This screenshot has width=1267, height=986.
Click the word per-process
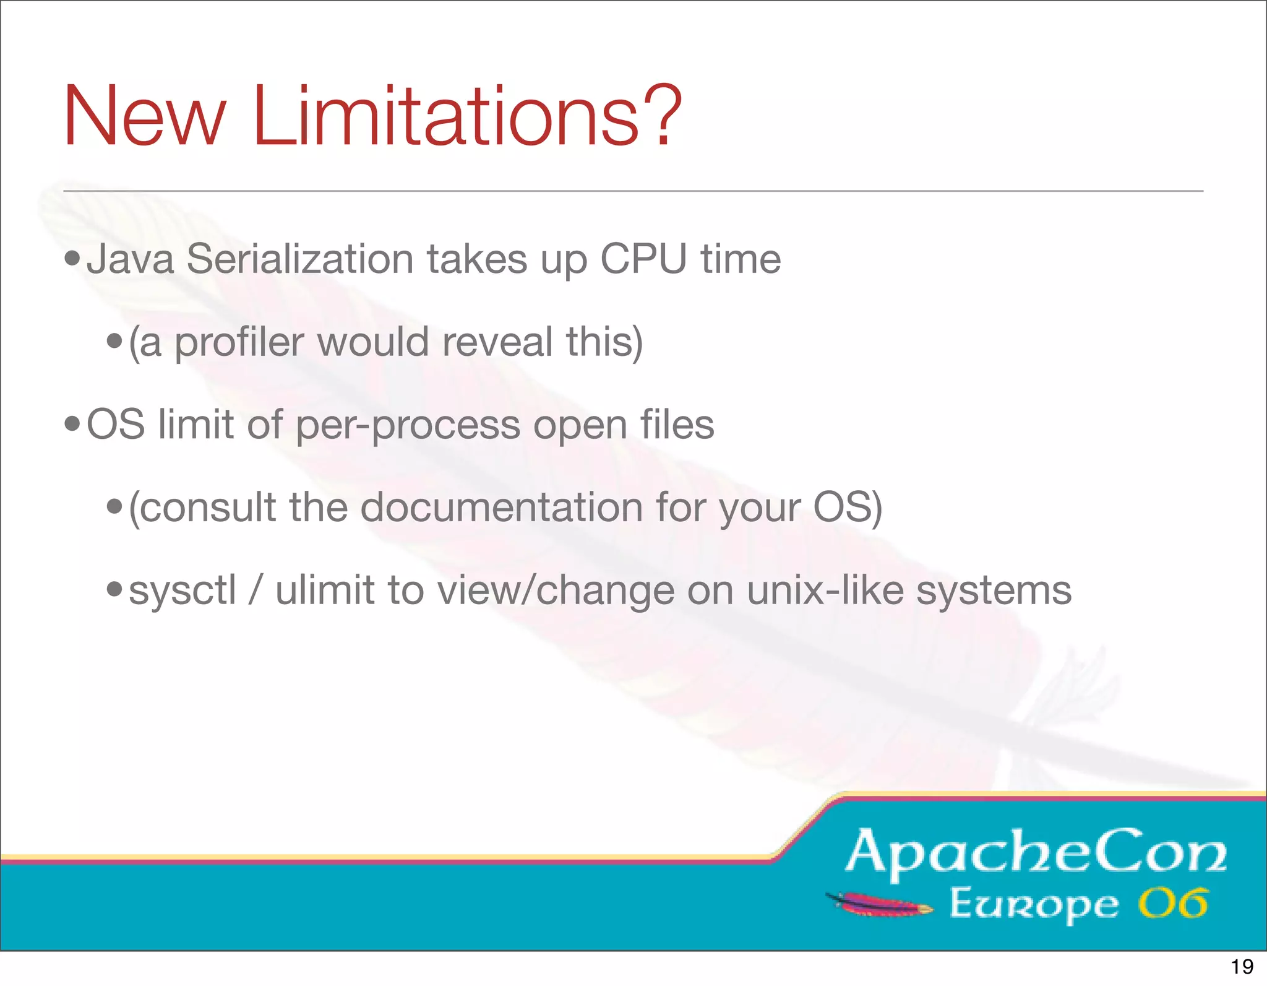click(408, 426)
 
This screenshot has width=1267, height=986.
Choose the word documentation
click(502, 508)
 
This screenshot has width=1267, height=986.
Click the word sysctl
click(183, 590)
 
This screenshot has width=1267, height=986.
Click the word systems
click(994, 591)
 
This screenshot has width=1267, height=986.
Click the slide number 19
click(1242, 966)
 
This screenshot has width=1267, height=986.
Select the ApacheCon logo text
click(1036, 852)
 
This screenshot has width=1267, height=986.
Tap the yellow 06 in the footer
click(1173, 904)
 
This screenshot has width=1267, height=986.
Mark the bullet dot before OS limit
click(72, 425)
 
